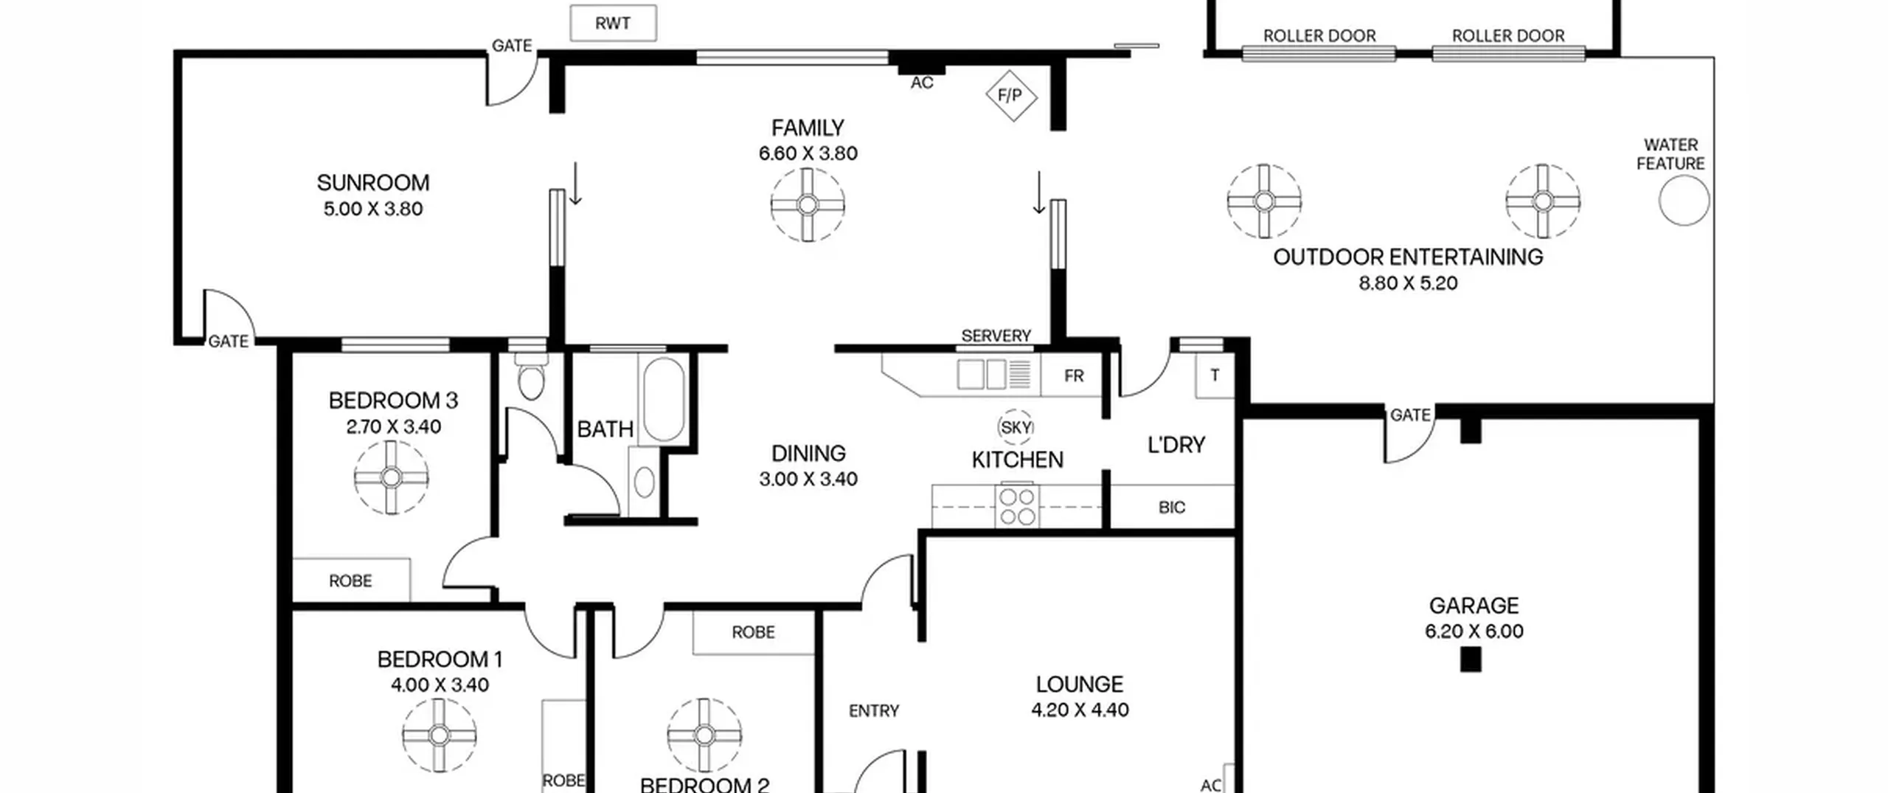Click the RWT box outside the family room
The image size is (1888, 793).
[x=613, y=24]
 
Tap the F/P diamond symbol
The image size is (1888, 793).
[x=1011, y=95]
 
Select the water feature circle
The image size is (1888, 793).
[x=1684, y=200]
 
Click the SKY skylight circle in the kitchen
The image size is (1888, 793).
[x=1016, y=427]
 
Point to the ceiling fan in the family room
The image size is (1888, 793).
[x=808, y=204]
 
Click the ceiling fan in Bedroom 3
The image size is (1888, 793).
[x=391, y=477]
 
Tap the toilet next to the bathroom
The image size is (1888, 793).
[x=530, y=377]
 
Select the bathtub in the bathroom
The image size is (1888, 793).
[x=664, y=400]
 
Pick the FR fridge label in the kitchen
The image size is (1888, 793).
[x=1074, y=376]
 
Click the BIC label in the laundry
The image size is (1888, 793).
[x=1172, y=508]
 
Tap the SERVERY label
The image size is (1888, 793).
[x=996, y=336]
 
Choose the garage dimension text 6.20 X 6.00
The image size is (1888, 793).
[x=1474, y=631]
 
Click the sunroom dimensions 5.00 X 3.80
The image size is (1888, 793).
[x=373, y=209]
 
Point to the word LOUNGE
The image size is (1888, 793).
[x=1080, y=685]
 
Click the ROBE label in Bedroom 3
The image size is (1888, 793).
[x=350, y=581]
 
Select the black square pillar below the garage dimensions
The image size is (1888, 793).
[x=1471, y=659]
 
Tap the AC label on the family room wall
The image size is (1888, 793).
[x=922, y=83]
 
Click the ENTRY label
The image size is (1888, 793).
[x=874, y=711]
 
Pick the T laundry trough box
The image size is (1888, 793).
[x=1215, y=375]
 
